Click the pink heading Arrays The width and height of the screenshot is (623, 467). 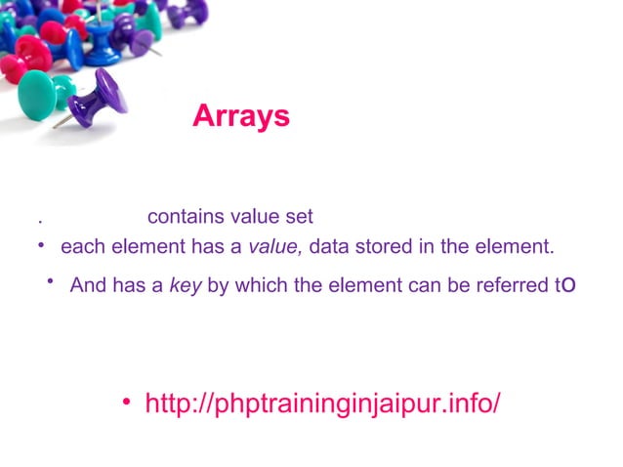(241, 115)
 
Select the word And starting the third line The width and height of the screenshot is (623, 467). (89, 287)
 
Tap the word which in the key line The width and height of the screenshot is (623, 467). (254, 287)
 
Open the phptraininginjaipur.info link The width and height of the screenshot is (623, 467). (322, 403)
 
